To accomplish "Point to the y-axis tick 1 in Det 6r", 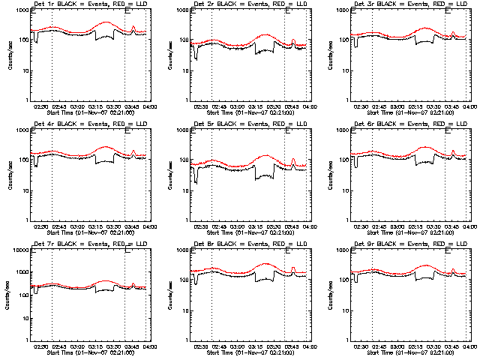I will coord(346,220).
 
